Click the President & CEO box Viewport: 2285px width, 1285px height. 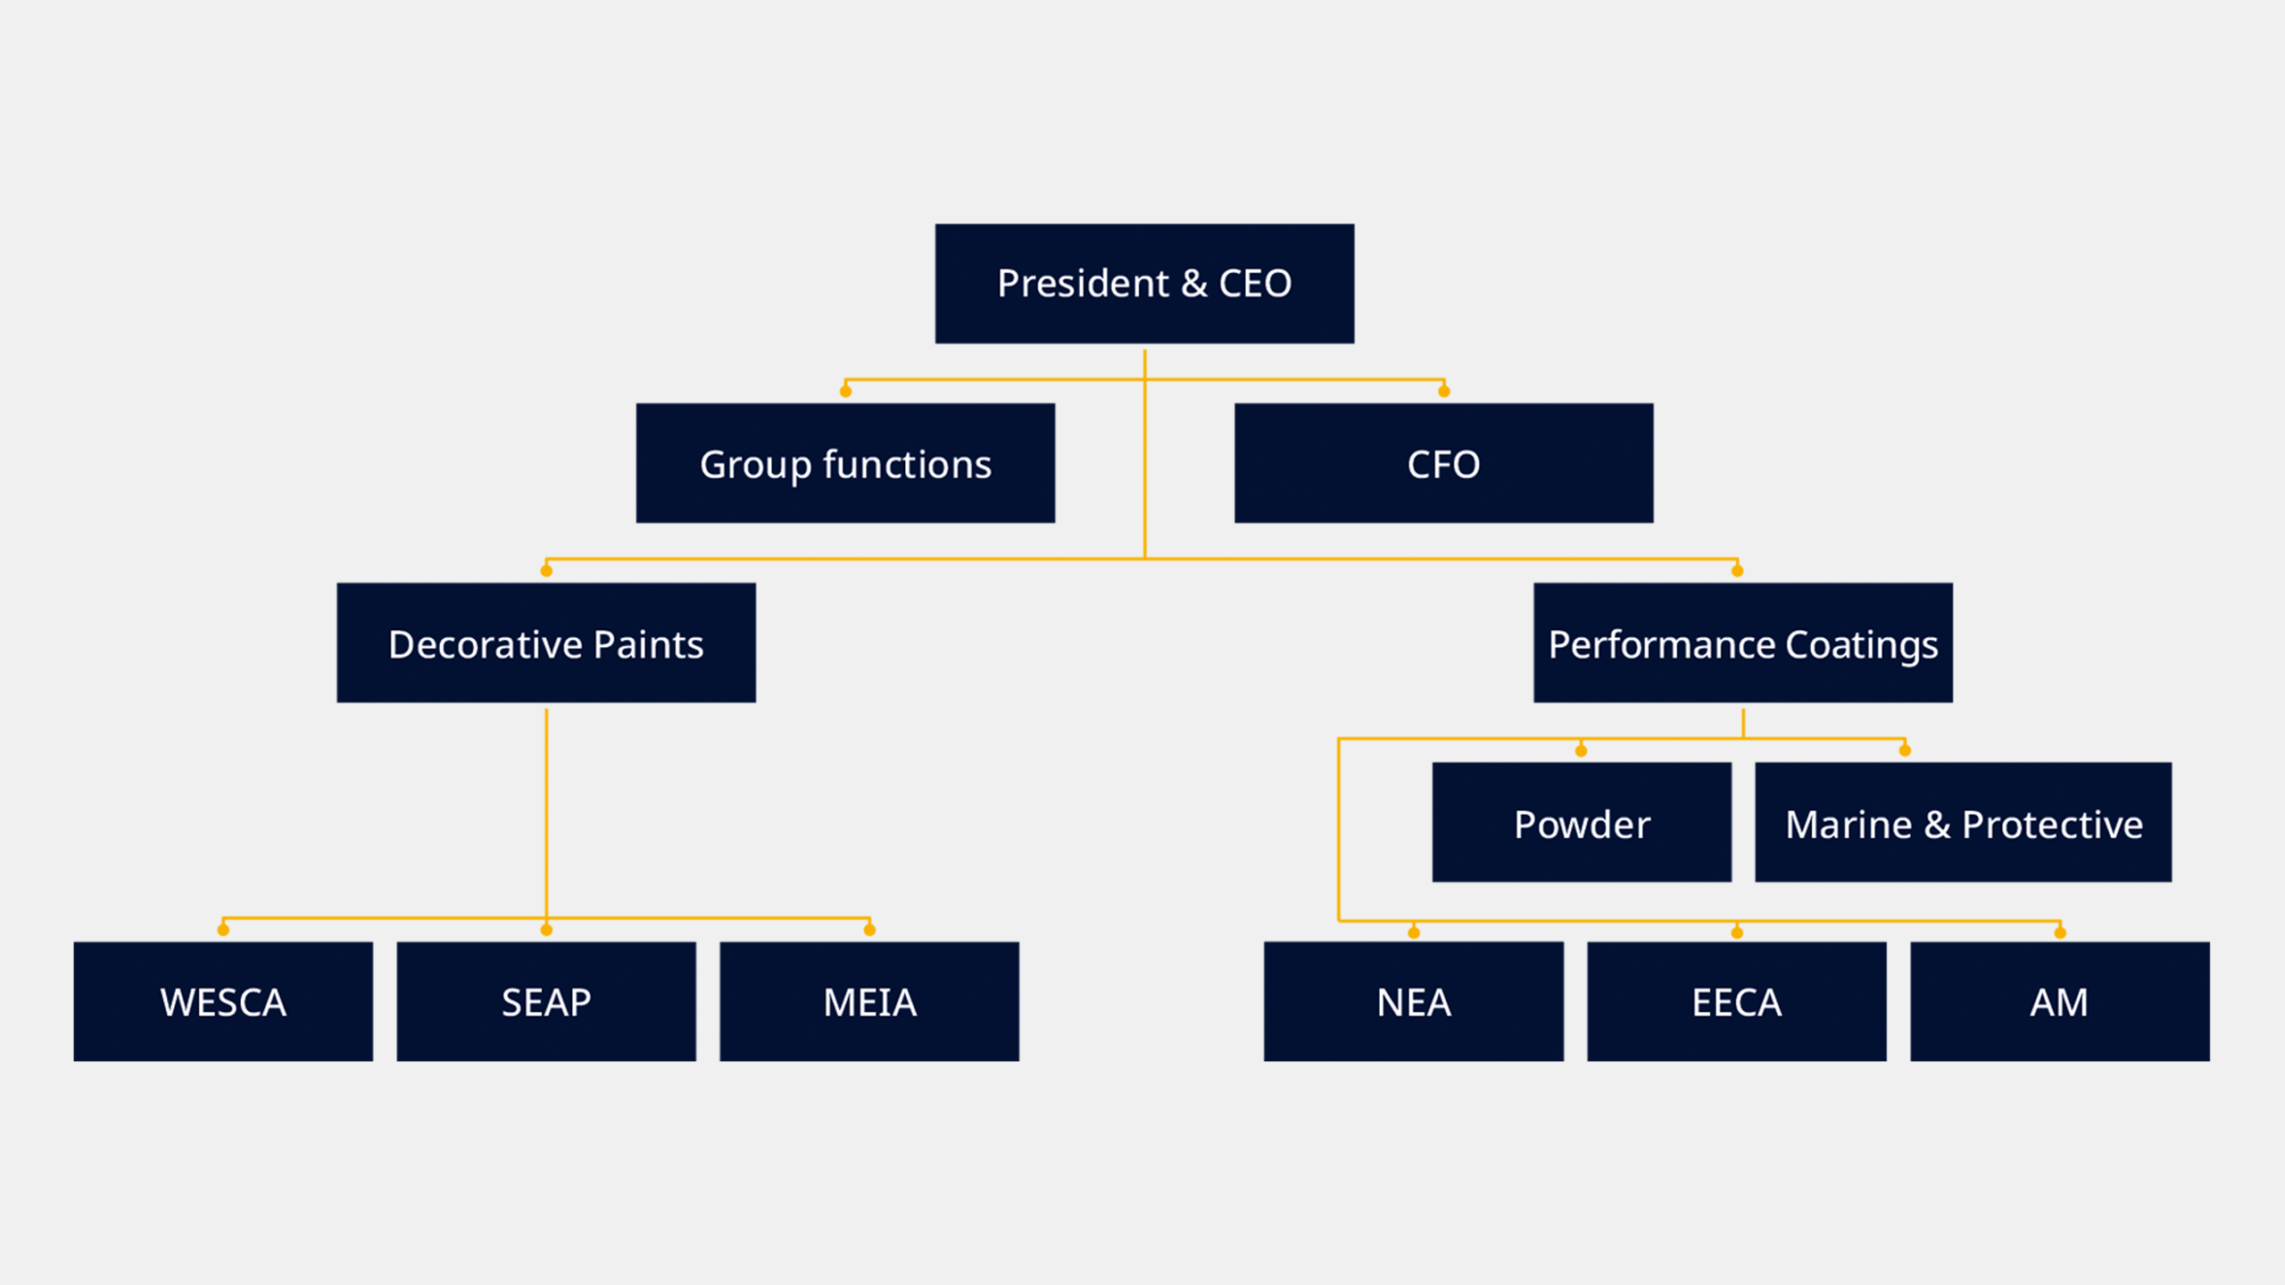coord(1144,284)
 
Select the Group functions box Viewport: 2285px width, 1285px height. coord(845,463)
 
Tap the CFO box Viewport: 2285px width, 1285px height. coord(1443,463)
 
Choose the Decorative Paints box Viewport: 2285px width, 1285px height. coord(546,642)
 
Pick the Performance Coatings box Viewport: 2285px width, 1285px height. coord(1743,642)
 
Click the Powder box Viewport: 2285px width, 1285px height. coord(1582,822)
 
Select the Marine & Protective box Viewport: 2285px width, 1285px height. coord(1964,822)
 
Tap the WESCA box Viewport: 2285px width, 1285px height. coord(223,1001)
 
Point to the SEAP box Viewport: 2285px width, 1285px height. coord(546,1001)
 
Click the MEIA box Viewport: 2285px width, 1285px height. coord(869,1001)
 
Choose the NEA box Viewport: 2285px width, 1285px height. coord(1414,1001)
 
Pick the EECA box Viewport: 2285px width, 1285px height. coord(1737,1001)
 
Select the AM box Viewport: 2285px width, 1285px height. coord(2060,1001)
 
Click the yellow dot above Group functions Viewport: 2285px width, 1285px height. coord(845,391)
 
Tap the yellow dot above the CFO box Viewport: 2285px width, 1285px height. coord(1444,391)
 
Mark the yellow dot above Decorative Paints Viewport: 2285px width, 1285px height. coord(546,570)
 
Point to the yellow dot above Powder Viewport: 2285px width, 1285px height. coord(1581,750)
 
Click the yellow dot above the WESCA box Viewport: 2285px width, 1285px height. coord(223,930)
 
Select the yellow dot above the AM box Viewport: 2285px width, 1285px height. coord(2060,933)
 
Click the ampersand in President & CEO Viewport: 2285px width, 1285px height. coord(1194,284)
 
